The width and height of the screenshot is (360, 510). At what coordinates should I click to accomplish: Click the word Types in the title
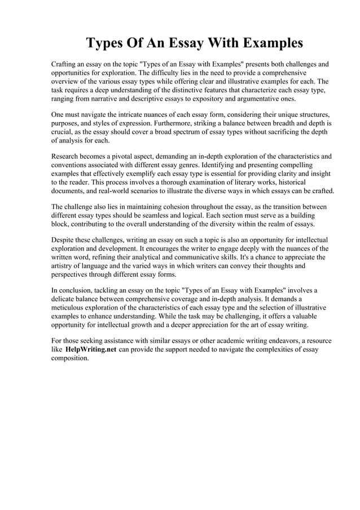107,43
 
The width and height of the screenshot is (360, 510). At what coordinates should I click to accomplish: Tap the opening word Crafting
67,65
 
